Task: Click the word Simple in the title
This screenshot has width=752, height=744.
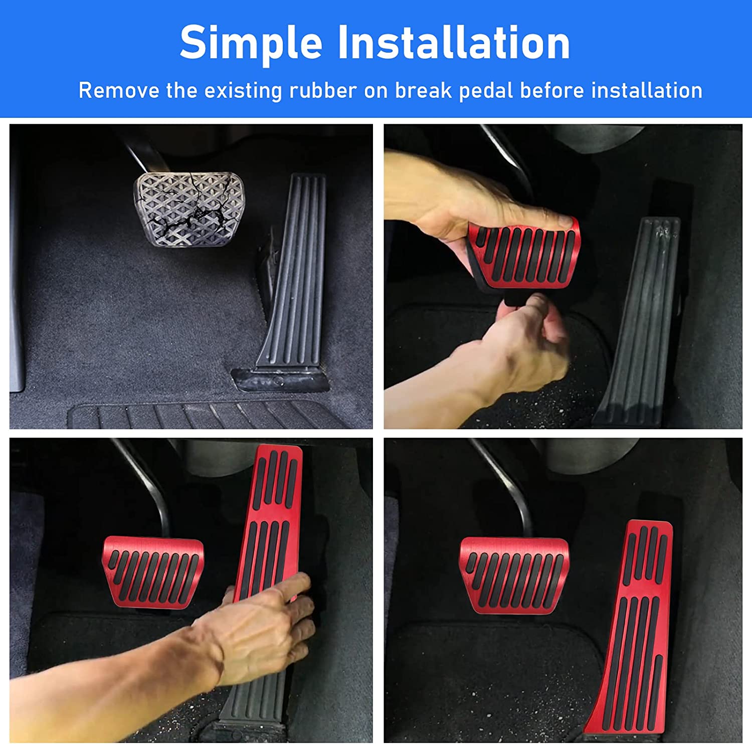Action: coord(251,43)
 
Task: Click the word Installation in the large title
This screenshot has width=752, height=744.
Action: coord(454,43)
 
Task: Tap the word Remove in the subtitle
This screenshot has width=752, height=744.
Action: coord(119,91)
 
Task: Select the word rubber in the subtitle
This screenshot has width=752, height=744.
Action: coord(323,91)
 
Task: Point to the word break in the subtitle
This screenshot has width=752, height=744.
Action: coord(424,91)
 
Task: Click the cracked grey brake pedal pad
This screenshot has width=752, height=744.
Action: coord(189,209)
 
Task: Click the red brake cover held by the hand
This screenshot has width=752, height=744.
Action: coord(524,253)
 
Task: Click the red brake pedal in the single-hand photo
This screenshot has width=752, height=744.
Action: coord(153,572)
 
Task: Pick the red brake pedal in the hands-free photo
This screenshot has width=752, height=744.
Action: coord(514,574)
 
